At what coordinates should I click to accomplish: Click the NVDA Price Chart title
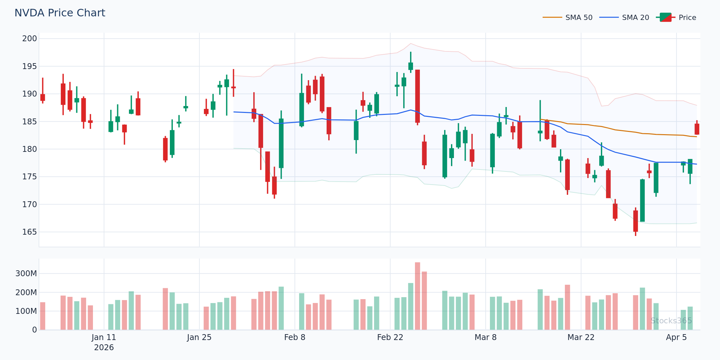60,13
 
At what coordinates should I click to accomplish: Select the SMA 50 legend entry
579,18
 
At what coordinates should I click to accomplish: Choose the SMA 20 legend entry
635,18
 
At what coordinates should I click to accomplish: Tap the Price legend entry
687,18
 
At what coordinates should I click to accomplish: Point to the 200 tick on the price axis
29,39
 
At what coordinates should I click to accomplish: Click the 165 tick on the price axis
29,232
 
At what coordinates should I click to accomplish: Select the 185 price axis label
29,122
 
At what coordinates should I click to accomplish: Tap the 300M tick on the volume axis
26,274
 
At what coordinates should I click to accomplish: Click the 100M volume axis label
26,311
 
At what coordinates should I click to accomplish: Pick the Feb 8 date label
295,337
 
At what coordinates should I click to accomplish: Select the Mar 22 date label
581,337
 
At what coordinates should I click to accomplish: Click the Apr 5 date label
676,337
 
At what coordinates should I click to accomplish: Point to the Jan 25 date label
199,337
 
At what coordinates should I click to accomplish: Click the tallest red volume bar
417,296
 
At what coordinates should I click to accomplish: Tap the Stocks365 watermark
671,321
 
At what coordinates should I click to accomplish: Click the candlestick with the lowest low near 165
635,221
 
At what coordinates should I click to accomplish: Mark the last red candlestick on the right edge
697,129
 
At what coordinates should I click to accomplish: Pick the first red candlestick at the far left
43,97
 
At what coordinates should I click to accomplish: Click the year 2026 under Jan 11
104,348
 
